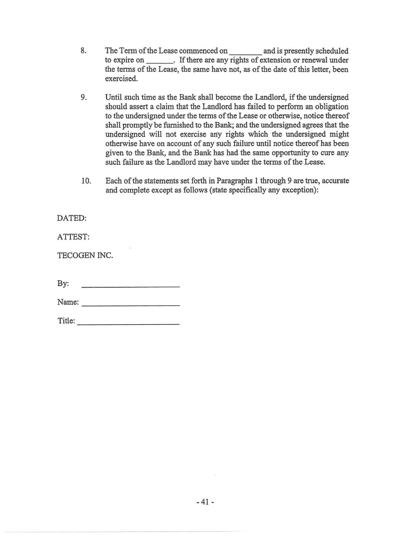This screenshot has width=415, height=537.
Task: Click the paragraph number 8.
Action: click(83, 51)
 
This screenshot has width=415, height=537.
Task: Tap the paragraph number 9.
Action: click(83, 98)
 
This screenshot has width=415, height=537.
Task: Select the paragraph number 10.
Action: click(86, 181)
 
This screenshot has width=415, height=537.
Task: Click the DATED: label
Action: click(72, 218)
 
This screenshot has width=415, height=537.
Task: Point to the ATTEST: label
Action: click(73, 237)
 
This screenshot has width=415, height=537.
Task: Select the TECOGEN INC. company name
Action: click(85, 255)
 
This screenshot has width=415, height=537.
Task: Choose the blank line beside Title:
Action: click(129, 323)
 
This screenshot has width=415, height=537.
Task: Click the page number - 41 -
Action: click(205, 502)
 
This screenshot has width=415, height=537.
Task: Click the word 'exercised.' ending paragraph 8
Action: click(122, 79)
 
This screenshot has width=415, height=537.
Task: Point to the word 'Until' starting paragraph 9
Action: click(113, 98)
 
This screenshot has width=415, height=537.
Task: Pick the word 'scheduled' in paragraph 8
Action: click(332, 51)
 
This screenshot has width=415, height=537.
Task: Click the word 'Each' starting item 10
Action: click(113, 181)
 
